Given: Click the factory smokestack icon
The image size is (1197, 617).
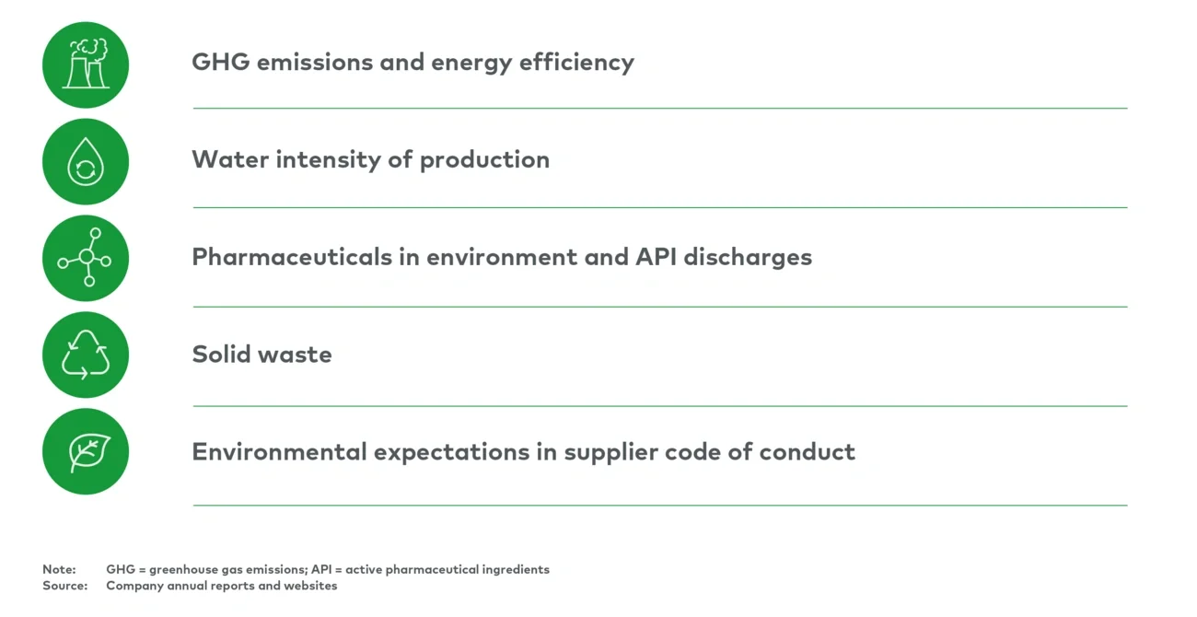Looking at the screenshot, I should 86,65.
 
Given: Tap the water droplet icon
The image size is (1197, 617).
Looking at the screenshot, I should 86,163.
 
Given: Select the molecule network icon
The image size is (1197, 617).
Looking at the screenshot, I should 86,259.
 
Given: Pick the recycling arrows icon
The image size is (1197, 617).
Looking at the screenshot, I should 86,355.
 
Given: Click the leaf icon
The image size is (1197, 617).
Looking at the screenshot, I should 86,452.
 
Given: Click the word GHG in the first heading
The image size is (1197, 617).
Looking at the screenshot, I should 218,63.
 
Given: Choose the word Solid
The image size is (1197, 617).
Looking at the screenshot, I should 218,355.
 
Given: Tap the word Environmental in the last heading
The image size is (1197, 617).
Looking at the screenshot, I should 279,452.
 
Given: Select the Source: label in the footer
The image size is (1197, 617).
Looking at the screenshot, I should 64,586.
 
